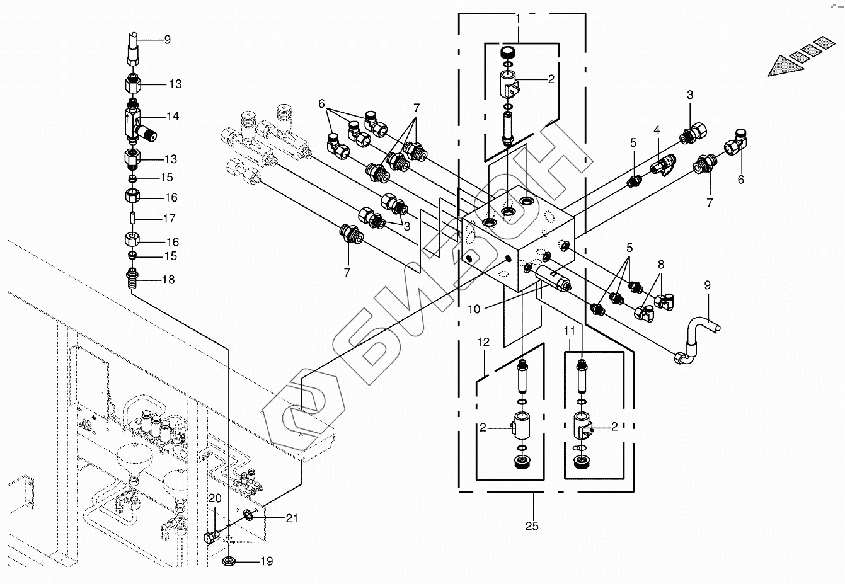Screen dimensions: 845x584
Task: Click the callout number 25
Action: pos(532,526)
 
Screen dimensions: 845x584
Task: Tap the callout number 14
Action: pos(173,116)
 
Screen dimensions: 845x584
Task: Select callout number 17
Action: pos(170,219)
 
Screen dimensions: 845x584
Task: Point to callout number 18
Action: pos(168,280)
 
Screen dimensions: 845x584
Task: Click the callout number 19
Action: pos(267,561)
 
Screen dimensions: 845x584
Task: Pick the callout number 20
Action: pos(215,498)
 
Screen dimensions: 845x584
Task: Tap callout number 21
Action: pos(292,518)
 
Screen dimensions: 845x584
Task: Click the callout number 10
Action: pos(474,309)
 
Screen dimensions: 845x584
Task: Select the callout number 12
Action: pos(483,342)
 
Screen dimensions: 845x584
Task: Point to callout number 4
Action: pos(657,130)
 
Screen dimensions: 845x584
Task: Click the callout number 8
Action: pos(661,265)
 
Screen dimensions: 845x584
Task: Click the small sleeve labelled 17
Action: pos(132,219)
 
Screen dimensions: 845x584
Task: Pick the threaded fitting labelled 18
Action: pos(131,278)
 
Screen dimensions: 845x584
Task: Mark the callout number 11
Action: pos(569,331)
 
